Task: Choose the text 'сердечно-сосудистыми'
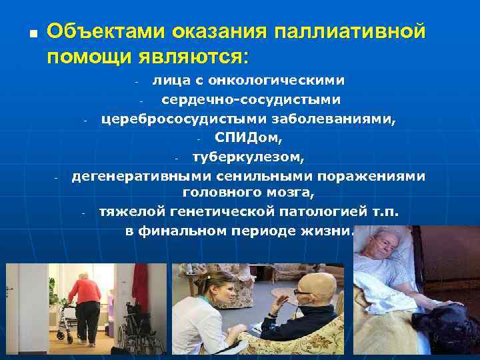click(x=251, y=100)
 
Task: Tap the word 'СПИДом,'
click(x=249, y=139)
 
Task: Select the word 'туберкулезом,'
click(x=248, y=158)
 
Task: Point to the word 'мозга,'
click(x=291, y=193)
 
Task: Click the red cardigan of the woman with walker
click(x=85, y=291)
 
